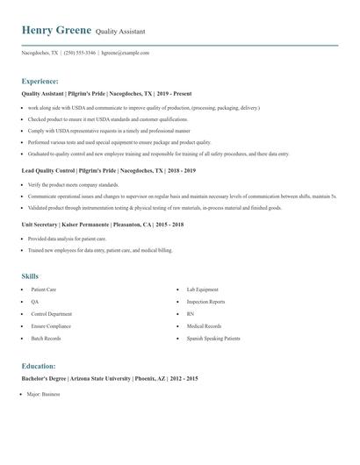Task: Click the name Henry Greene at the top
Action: [56, 30]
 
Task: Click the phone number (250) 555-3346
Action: [81, 53]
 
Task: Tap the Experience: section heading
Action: [40, 80]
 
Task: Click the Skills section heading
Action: [30, 276]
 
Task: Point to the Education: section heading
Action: [39, 366]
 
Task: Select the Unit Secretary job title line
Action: [102, 225]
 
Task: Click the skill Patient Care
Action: [44, 289]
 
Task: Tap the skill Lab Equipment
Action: [202, 289]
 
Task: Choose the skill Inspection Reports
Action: [205, 301]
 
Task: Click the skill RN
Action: [190, 313]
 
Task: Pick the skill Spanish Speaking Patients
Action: [212, 338]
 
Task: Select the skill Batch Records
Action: [46, 338]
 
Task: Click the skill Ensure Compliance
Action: [50, 325]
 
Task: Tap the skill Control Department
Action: [51, 313]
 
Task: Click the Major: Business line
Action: [43, 395]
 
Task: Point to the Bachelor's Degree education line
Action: [109, 378]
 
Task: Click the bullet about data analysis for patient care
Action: [67, 239]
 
